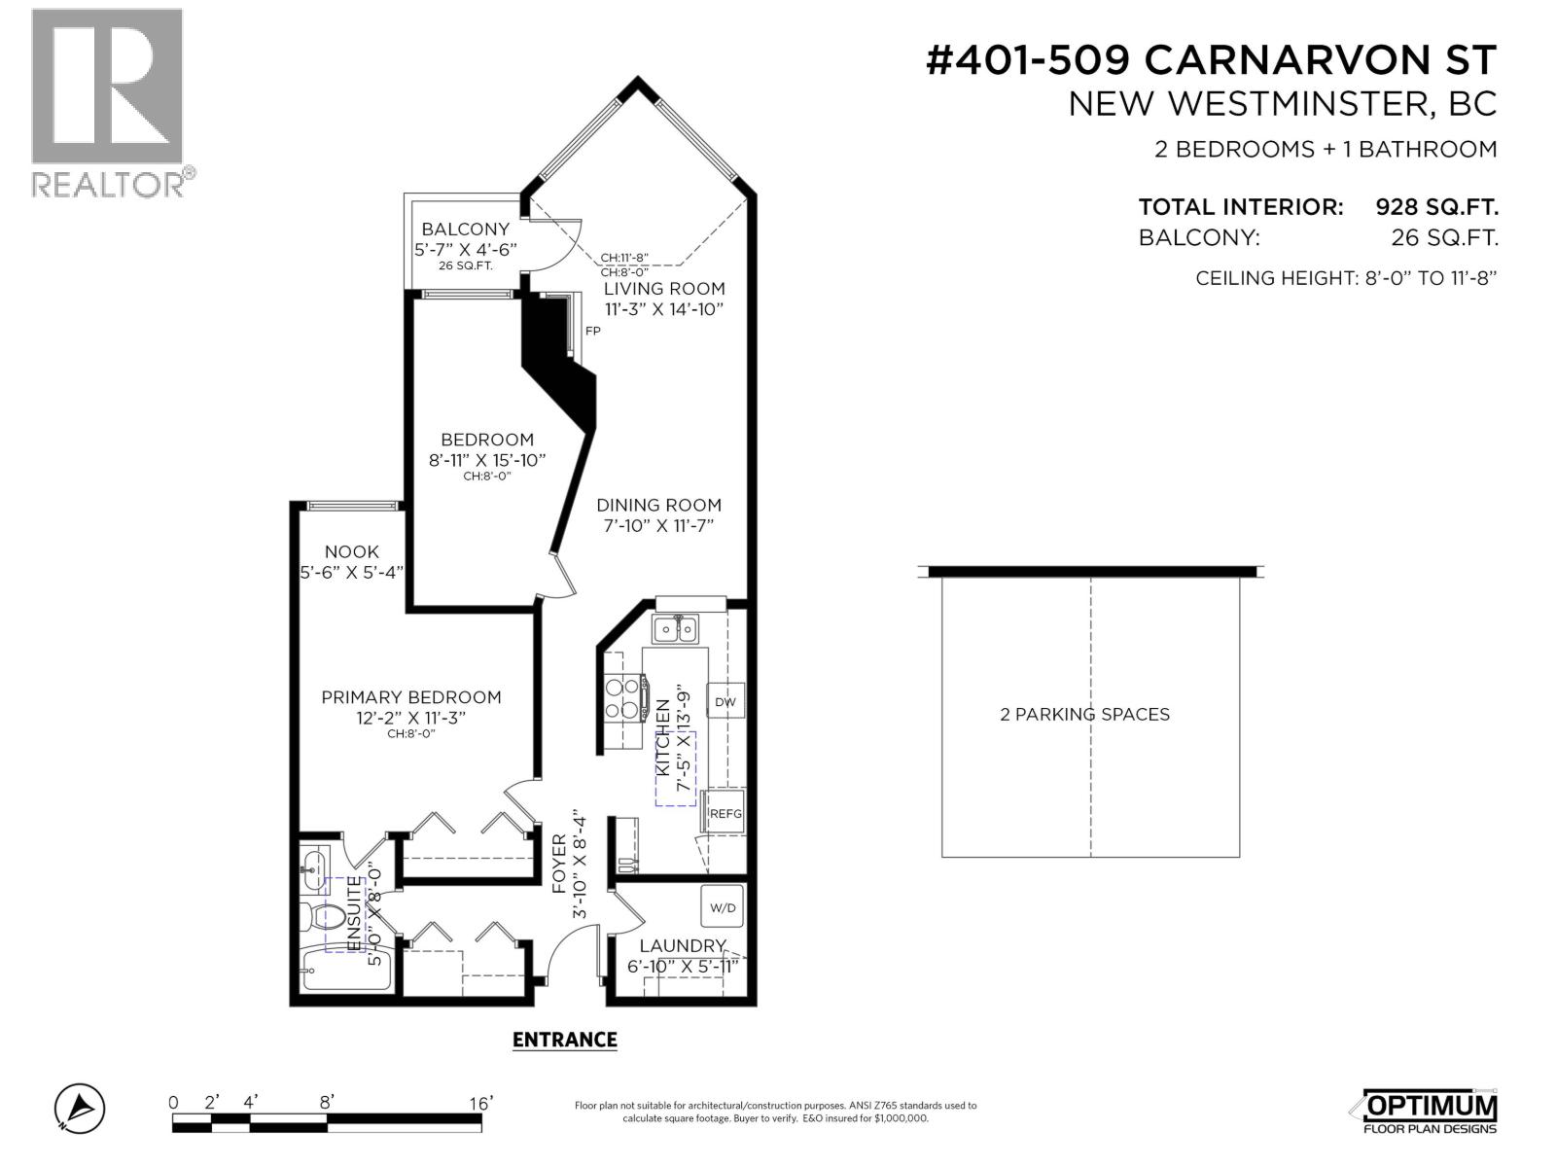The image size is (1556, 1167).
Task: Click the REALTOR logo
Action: point(107,102)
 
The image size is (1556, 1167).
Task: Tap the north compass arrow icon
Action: point(80,1108)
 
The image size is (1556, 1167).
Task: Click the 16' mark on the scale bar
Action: point(480,1103)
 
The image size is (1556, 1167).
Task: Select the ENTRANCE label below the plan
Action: point(564,1040)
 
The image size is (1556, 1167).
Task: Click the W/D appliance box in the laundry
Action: point(723,907)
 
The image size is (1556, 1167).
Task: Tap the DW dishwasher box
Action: point(725,701)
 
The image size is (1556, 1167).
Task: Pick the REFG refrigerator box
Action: point(725,814)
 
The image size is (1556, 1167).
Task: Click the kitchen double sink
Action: point(675,628)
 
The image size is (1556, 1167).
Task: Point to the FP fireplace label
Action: point(592,331)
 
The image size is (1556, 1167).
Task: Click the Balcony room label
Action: point(465,230)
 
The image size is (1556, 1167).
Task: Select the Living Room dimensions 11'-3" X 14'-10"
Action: point(664,309)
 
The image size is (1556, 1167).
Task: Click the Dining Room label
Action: point(658,505)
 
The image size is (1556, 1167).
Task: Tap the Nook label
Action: point(352,551)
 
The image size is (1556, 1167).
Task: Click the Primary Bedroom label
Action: point(411,697)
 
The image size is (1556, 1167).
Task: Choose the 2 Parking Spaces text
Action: point(1084,714)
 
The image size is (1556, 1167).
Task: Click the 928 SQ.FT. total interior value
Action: point(1435,207)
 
